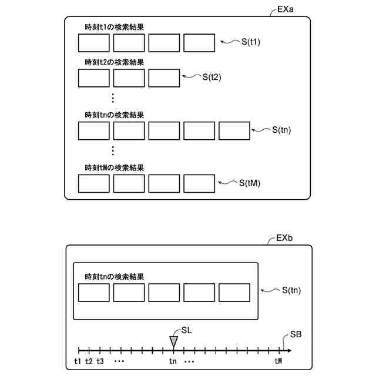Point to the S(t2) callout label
(x=211, y=77)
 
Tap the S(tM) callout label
(x=250, y=183)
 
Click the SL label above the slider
(x=187, y=330)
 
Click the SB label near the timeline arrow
(x=297, y=335)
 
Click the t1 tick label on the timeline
(x=78, y=361)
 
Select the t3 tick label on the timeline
(x=100, y=361)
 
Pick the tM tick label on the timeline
(x=278, y=361)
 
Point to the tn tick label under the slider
(x=173, y=361)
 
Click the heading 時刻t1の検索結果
(x=114, y=28)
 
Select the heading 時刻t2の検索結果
(x=114, y=62)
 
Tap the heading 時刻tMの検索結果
(x=114, y=167)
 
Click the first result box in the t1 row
(x=94, y=43)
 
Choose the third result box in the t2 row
(x=164, y=78)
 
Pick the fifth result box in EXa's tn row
(x=234, y=131)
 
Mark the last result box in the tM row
(x=199, y=183)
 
